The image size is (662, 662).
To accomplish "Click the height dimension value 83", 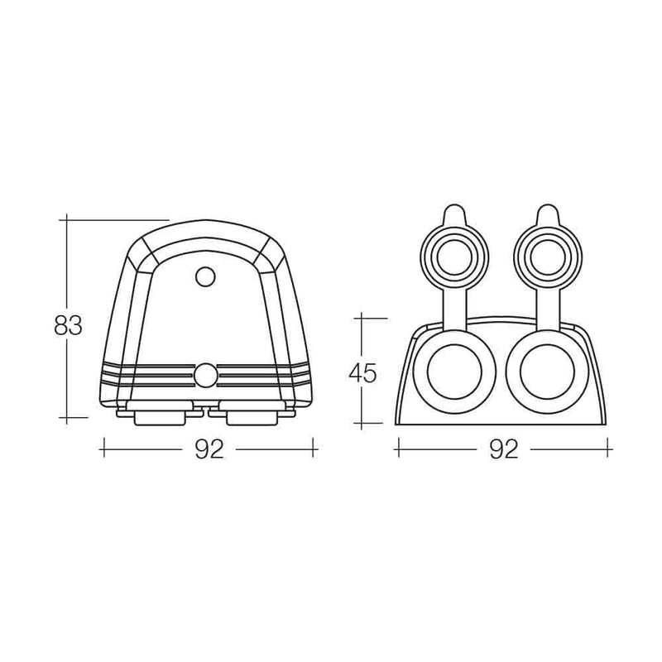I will point(68,326).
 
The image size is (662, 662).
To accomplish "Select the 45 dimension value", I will point(362,373).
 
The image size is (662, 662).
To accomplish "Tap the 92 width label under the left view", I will point(209,449).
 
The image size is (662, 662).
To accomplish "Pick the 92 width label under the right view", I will point(503,449).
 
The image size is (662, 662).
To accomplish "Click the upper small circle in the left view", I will point(204,276).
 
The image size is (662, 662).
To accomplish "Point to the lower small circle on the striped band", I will point(204,376).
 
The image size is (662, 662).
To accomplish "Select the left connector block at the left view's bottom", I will point(159,413).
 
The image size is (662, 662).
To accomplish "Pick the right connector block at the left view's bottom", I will point(248,413).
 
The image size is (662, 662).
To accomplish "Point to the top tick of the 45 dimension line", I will point(362,317).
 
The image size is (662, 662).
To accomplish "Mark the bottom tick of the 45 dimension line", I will point(362,423).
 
